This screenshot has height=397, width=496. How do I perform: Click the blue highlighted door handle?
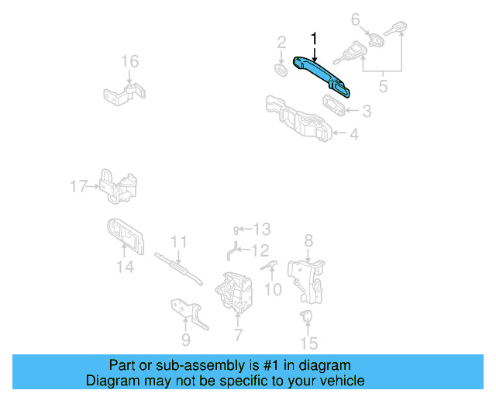(x=319, y=74)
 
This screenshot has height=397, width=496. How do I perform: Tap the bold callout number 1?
(x=314, y=39)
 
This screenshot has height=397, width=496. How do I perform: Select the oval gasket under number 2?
(x=281, y=70)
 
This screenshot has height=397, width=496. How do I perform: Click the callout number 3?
(x=367, y=111)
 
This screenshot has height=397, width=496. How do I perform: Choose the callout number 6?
(x=356, y=19)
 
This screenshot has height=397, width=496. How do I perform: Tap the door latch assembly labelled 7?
(x=234, y=292)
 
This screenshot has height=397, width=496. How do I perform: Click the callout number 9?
(x=186, y=340)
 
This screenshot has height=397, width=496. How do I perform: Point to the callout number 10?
(x=273, y=290)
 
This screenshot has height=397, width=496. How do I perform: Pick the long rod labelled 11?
(x=179, y=268)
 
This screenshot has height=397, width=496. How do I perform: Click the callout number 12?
(x=260, y=250)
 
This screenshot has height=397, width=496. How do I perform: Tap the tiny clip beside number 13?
(x=236, y=230)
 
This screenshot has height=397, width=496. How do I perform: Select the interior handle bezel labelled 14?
(x=126, y=236)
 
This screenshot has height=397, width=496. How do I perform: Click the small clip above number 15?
(x=306, y=316)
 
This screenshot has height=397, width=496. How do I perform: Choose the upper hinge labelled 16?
(x=124, y=94)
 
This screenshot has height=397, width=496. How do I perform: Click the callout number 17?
(x=78, y=186)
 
